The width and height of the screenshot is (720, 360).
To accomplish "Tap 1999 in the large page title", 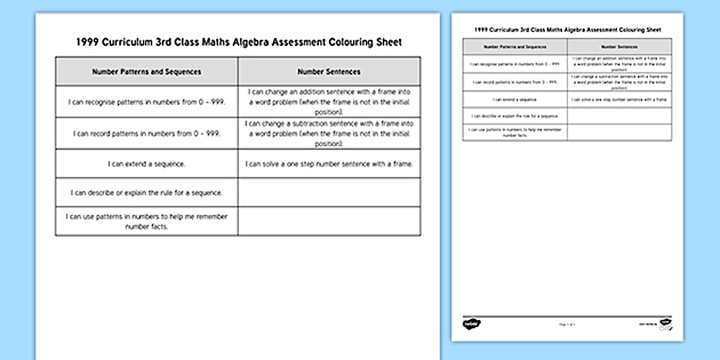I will (x=87, y=42).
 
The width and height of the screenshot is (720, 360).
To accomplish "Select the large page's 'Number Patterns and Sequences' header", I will (x=146, y=72).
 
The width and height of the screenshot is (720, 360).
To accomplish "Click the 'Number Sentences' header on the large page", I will (x=329, y=72).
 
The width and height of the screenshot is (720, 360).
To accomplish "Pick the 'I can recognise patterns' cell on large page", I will (x=146, y=102).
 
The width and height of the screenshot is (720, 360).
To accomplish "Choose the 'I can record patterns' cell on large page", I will (x=146, y=134).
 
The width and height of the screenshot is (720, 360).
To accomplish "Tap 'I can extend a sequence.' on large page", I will (x=146, y=164).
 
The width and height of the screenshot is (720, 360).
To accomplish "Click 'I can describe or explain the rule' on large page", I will (x=146, y=193).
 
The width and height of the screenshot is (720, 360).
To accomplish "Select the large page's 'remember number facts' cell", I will (x=146, y=221).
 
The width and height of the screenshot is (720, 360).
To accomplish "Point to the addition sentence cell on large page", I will (x=329, y=102).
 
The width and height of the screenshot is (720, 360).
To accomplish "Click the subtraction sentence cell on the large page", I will (x=329, y=134).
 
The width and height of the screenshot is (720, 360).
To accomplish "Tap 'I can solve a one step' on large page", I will (x=329, y=164).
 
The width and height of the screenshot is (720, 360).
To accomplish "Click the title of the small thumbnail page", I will (x=567, y=29).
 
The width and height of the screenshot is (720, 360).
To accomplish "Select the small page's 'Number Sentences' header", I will (x=619, y=47).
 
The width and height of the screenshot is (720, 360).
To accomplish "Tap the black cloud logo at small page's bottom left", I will (x=471, y=324).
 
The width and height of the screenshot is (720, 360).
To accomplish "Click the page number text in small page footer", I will (x=567, y=325).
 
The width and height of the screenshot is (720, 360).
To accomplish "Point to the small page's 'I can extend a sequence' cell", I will (x=515, y=99).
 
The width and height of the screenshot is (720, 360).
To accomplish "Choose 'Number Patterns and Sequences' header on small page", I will (x=515, y=47).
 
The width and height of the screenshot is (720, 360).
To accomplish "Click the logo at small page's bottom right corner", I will (x=665, y=323).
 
